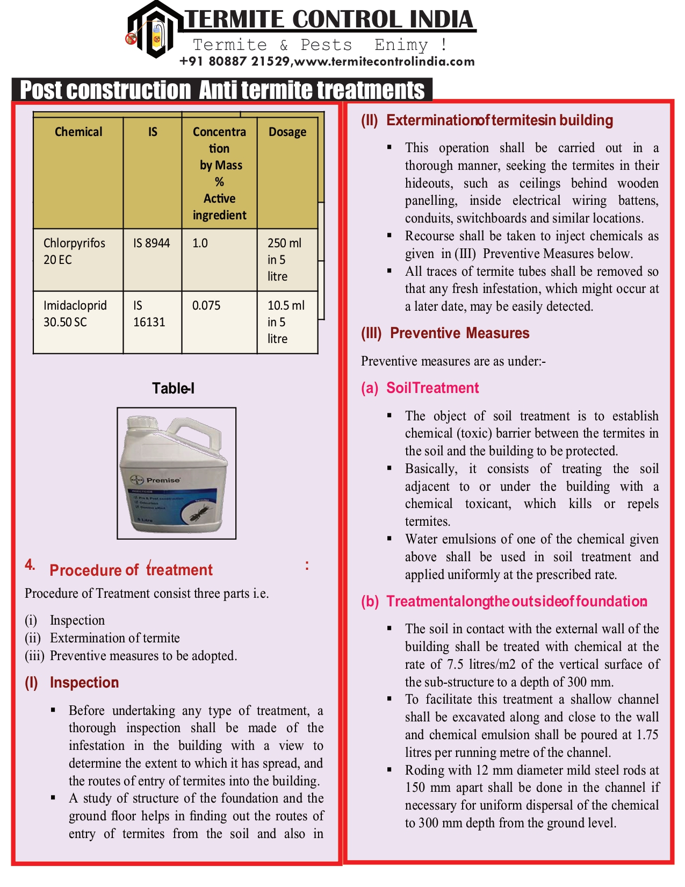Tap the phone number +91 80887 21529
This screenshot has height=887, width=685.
click(234, 61)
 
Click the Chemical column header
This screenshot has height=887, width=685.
click(78, 132)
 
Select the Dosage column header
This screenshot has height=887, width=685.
click(287, 132)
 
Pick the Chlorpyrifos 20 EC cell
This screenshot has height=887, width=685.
click(74, 252)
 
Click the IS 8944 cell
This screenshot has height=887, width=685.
click(152, 244)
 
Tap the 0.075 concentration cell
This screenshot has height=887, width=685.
click(206, 306)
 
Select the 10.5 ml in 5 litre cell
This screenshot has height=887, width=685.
click(285, 322)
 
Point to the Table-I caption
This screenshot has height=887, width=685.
click(173, 389)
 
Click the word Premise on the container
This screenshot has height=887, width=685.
click(163, 480)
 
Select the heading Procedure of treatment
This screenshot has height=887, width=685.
click(131, 570)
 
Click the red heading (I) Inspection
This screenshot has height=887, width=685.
click(72, 683)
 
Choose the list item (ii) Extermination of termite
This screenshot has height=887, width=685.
click(102, 638)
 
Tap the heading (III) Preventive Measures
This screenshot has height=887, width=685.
click(445, 333)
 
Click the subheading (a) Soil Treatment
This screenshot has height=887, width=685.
click(420, 388)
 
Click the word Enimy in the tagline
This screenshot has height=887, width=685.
click(401, 45)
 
